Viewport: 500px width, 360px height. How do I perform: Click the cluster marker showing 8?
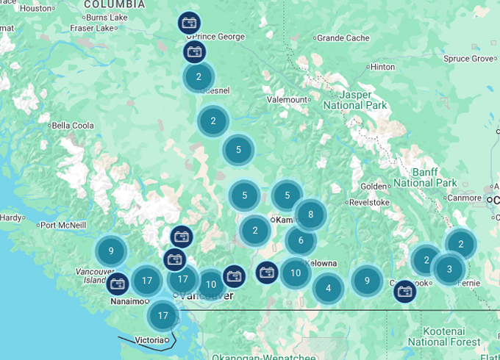click(311, 215)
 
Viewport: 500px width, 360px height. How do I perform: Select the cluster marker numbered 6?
click(301, 240)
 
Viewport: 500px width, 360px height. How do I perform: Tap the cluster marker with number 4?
click(329, 288)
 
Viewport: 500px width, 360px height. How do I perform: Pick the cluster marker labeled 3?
click(449, 269)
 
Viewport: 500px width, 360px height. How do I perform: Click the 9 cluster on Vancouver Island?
click(111, 251)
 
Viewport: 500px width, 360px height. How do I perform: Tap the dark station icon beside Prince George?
click(189, 23)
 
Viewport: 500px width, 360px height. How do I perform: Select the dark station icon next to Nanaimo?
click(118, 284)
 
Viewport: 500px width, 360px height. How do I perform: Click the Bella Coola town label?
click(73, 126)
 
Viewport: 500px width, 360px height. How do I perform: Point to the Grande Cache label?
click(343, 37)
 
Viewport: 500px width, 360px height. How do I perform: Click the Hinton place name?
click(383, 67)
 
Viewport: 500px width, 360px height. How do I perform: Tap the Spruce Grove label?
click(469, 59)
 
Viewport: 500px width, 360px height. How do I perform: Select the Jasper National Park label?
click(355, 100)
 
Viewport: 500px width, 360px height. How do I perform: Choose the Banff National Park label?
click(425, 177)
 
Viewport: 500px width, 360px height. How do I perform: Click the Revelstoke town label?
click(369, 202)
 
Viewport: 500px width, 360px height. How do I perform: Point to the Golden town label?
click(374, 186)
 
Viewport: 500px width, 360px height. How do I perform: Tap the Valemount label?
click(288, 99)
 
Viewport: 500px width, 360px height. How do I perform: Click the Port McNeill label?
click(63, 226)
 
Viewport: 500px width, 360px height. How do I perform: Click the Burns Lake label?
click(106, 17)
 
